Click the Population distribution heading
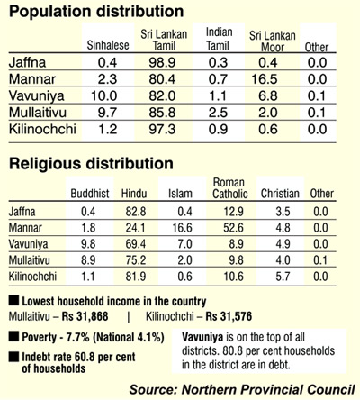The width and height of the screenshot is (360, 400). (x=96, y=12)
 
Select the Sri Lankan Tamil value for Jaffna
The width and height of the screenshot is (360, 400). (x=162, y=62)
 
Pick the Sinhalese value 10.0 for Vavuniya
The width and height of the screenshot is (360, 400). (x=104, y=96)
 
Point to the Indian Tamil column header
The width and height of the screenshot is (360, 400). (x=219, y=39)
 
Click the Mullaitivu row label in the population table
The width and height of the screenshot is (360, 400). (x=38, y=113)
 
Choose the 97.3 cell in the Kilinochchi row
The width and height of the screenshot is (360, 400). (x=162, y=130)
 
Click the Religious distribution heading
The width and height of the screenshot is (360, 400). (x=91, y=164)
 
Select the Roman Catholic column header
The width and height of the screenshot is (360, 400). (x=230, y=188)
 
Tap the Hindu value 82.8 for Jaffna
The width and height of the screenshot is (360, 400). (x=136, y=212)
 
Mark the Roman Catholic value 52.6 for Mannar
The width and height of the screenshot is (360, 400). (x=233, y=228)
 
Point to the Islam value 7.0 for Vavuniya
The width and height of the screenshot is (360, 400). (x=184, y=244)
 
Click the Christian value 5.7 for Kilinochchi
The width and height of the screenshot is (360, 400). (x=283, y=277)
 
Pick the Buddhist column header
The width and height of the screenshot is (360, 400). (x=90, y=194)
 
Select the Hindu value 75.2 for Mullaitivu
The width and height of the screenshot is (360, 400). (x=136, y=260)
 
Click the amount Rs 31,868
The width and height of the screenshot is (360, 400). (x=85, y=316)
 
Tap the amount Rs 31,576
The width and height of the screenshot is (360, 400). (x=229, y=316)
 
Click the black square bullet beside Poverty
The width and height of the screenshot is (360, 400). (x=13, y=337)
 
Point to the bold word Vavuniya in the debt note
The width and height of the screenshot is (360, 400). (x=202, y=337)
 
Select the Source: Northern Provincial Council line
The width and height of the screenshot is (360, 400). (x=242, y=390)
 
